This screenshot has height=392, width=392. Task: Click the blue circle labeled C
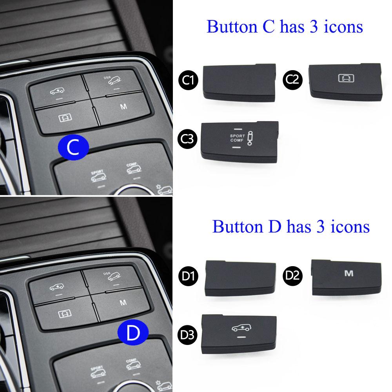pos(73,147)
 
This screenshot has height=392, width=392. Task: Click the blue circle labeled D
pos(133,332)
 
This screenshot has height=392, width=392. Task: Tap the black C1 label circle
pos(188,80)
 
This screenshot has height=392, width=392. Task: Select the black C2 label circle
pos(292,80)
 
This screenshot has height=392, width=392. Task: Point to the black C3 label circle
pos(187,139)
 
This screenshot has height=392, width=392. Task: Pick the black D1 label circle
pos(188,276)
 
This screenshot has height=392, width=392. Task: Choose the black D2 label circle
pos(292,276)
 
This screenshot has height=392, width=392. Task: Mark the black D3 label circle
pos(187,335)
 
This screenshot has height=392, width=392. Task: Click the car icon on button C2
pos(346,78)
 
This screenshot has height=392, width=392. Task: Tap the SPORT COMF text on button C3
pos(237,138)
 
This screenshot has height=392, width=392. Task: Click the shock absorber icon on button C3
pos(250,138)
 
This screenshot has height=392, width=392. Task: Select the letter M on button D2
pos(349,273)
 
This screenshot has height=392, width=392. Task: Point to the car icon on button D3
pos(241,327)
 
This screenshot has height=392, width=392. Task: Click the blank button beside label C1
pos(240,82)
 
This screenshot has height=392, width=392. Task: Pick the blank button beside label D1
pos(240,278)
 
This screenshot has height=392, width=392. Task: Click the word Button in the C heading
pos(232,26)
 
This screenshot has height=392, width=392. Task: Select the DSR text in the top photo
pos(107,78)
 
